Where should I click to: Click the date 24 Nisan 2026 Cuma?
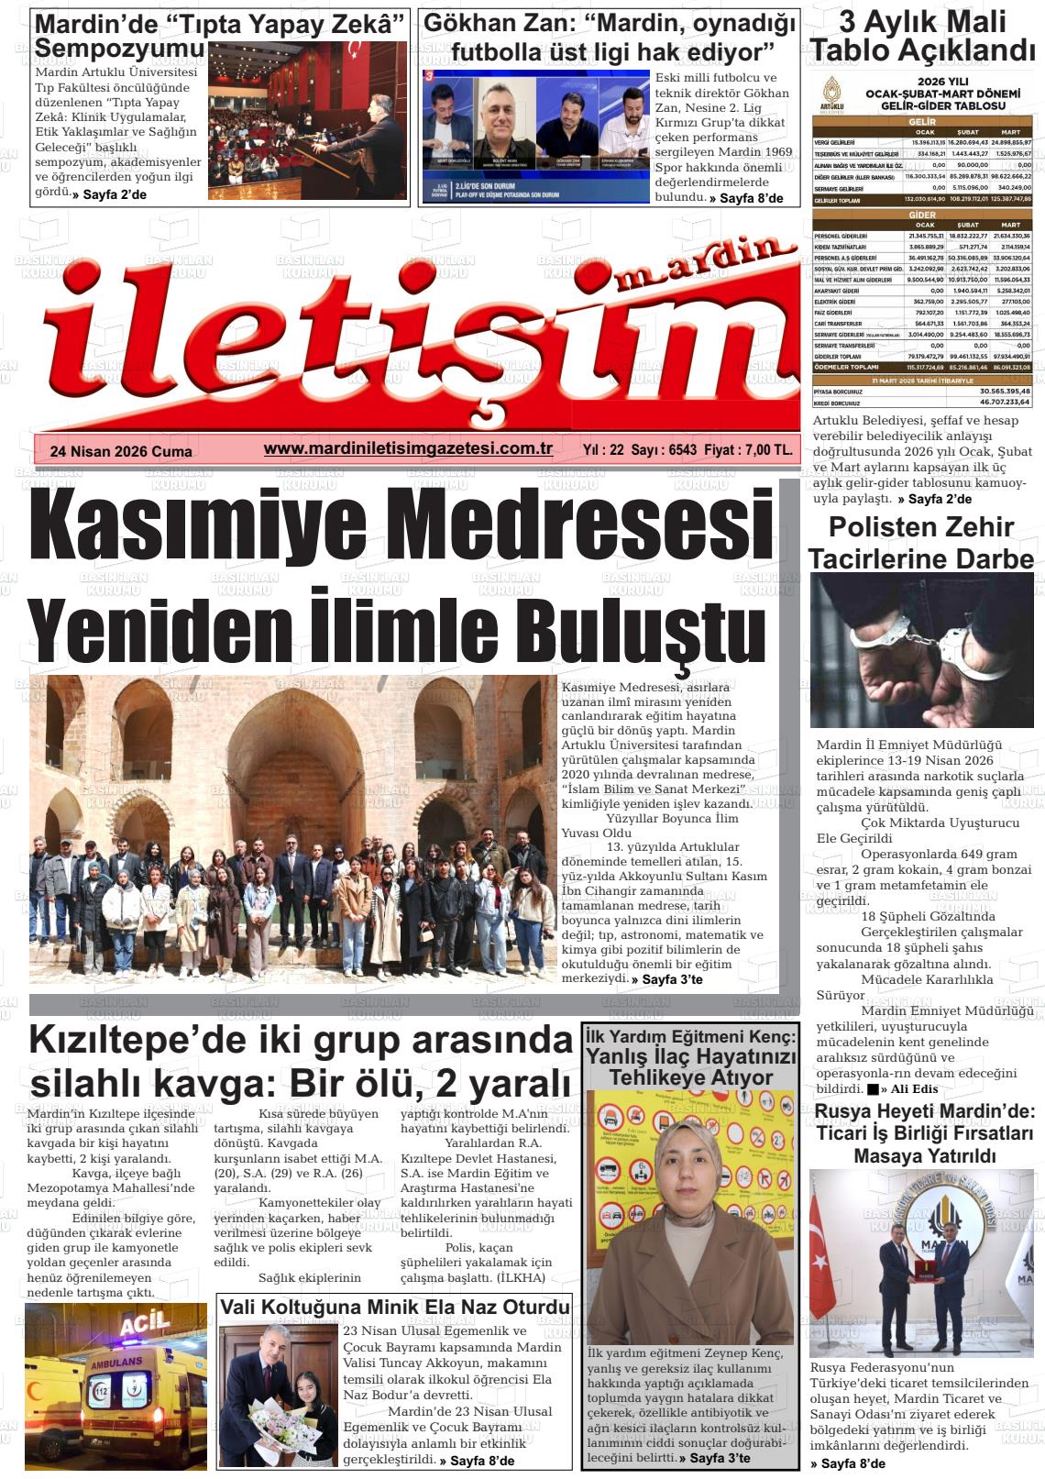[121, 451]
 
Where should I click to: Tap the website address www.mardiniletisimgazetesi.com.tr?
[408, 448]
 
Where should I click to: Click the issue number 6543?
[683, 450]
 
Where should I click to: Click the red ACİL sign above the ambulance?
[145, 1322]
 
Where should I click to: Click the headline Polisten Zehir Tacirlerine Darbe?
[920, 542]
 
